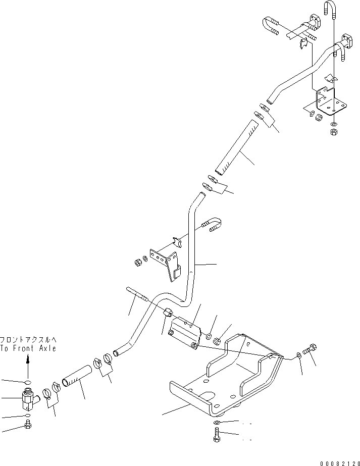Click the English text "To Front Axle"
pos(28,348)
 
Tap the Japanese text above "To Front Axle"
pos(28,340)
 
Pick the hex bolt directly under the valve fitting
pos(28,427)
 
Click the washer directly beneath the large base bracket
pos(216,422)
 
